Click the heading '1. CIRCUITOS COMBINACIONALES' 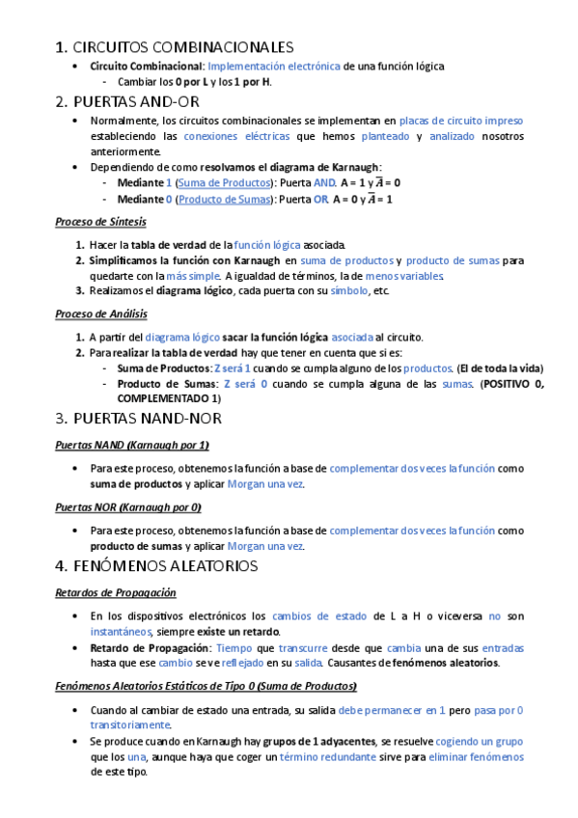[175, 46]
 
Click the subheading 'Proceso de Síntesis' [100, 222]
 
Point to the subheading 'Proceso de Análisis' [100, 314]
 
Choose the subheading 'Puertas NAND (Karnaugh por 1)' [131, 445]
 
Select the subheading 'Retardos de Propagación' [115, 592]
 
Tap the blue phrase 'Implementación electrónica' [274, 66]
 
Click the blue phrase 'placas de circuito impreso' [462, 121]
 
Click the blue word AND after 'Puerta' [324, 182]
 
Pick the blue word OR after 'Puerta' [320, 199]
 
